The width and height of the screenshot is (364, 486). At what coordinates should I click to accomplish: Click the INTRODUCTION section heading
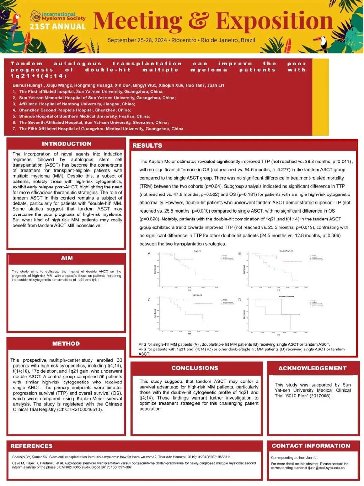(66, 144)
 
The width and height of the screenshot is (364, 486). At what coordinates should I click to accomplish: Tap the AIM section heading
(66, 258)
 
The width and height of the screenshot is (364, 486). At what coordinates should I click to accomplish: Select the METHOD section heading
(66, 344)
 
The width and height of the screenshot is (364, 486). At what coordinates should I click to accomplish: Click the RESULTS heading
(147, 146)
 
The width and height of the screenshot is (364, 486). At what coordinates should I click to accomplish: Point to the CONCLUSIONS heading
(195, 368)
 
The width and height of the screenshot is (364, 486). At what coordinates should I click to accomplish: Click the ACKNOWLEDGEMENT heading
(312, 368)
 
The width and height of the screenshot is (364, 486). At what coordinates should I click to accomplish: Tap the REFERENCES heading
(31, 446)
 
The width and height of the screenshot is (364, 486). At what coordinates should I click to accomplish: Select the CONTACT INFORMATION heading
(311, 446)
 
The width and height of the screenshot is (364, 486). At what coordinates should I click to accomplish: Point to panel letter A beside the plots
(149, 254)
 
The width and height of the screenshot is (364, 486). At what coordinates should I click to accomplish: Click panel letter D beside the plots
(239, 300)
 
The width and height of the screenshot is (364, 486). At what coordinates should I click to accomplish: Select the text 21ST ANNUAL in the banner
(58, 27)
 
